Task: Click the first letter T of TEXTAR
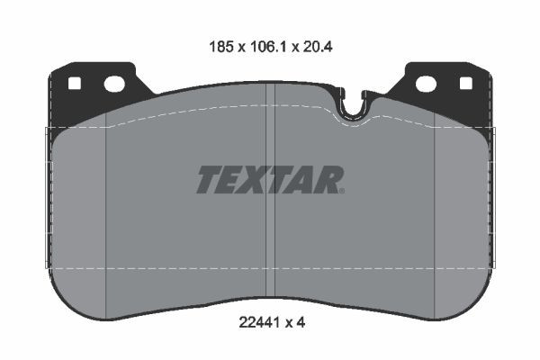[208, 180]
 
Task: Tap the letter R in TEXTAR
[330, 180]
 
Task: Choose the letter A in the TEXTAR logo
[306, 180]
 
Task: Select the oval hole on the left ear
[114, 85]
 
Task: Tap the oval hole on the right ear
[426, 85]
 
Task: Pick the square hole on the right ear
[465, 84]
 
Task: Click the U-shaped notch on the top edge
[355, 106]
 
